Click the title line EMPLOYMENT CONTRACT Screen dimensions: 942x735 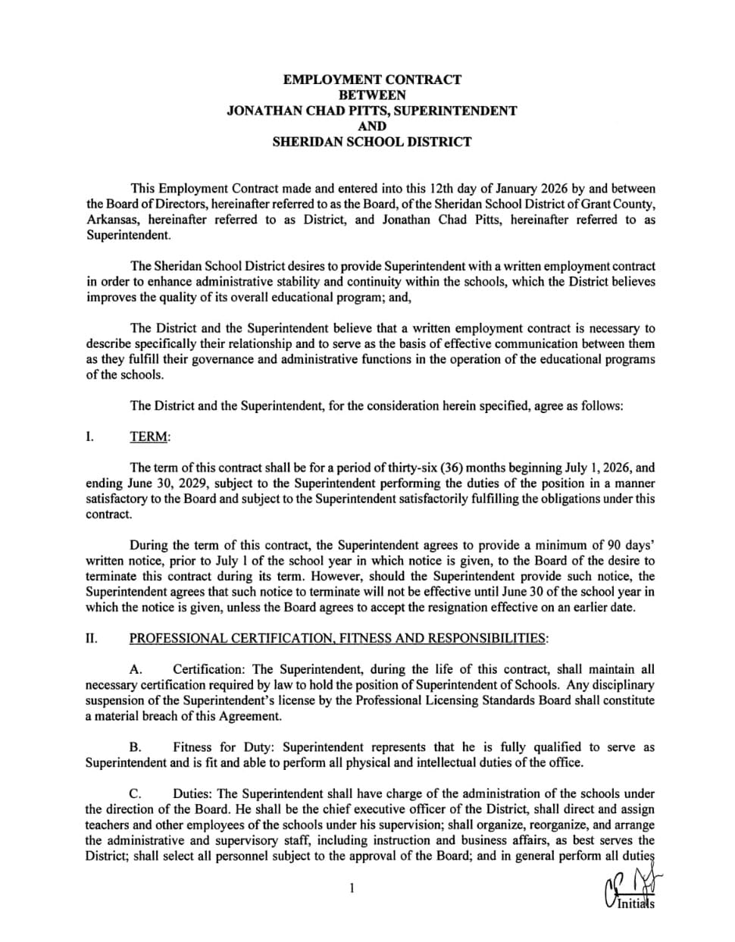(x=371, y=80)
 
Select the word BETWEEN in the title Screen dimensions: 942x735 (x=371, y=95)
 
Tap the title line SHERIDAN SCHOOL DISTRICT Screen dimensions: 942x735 (x=371, y=142)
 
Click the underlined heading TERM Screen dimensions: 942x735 (x=149, y=437)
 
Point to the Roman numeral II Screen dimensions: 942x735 (x=91, y=638)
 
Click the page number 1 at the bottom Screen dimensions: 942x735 (x=352, y=888)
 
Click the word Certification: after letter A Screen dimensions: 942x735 (x=211, y=669)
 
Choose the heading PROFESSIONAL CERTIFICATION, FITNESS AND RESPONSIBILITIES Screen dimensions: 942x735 (x=337, y=638)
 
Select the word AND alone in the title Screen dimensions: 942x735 (x=371, y=126)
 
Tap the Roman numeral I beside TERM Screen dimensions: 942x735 (x=89, y=437)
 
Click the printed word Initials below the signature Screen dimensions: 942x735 (x=636, y=903)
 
